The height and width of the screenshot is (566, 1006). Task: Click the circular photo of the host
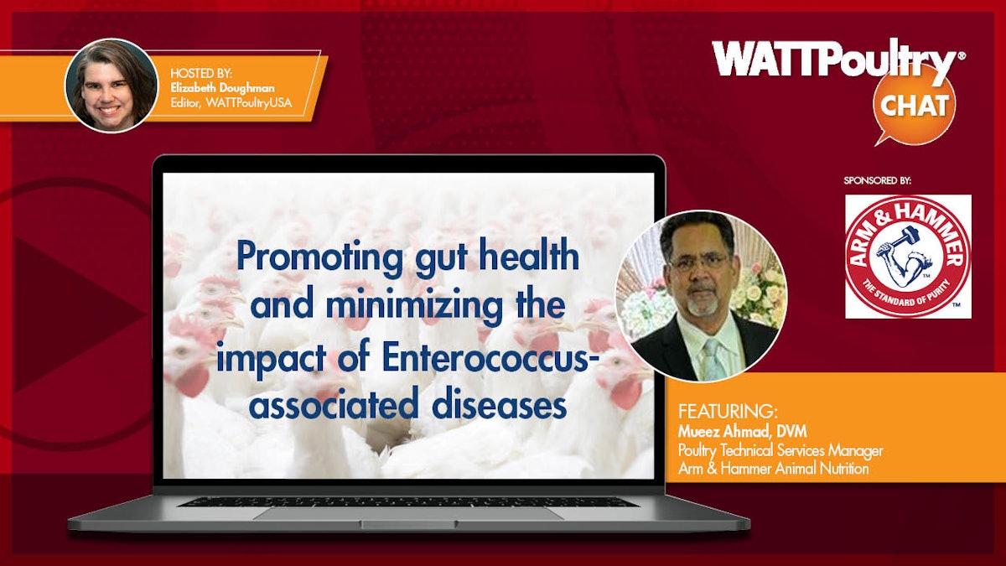click(111, 86)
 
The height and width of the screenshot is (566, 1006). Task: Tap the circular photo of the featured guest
click(701, 297)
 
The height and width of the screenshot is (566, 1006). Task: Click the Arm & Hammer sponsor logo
click(908, 257)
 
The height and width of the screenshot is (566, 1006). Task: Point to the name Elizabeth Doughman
click(222, 88)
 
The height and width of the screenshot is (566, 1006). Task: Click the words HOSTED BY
click(201, 73)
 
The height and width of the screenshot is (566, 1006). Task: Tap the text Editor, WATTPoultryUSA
click(231, 103)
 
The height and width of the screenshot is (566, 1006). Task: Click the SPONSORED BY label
click(877, 180)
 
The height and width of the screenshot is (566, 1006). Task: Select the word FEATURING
click(727, 412)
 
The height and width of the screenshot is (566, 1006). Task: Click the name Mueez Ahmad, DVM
click(743, 432)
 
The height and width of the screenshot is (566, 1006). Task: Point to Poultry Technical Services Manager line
click(780, 450)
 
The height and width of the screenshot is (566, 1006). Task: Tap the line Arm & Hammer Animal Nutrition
click(773, 469)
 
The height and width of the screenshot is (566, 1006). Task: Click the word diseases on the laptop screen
click(499, 405)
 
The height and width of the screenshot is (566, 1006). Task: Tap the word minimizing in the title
click(413, 306)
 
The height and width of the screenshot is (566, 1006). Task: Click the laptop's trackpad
click(408, 514)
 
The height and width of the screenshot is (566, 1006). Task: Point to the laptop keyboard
click(408, 501)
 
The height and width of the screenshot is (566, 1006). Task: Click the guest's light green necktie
click(715, 361)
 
